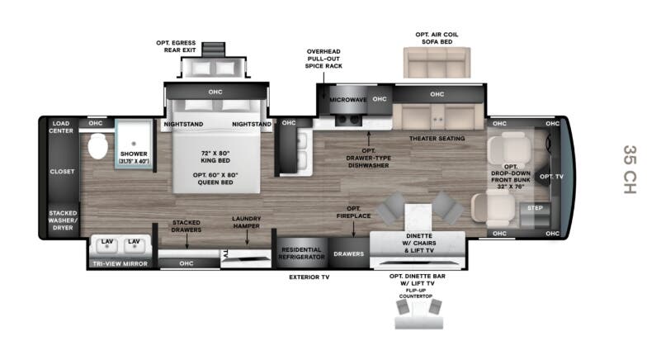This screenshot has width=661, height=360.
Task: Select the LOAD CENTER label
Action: click(x=62, y=128)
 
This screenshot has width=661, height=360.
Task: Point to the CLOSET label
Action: click(x=62, y=172)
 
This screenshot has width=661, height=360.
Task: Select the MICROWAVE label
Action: click(x=347, y=100)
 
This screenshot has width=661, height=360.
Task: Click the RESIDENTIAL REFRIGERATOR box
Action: click(x=300, y=253)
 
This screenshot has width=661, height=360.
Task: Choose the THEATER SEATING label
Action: click(x=437, y=138)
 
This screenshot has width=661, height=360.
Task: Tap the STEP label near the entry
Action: click(x=535, y=208)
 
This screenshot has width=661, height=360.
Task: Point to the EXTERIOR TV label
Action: click(x=309, y=277)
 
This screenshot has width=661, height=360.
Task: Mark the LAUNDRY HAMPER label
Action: click(x=246, y=223)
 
